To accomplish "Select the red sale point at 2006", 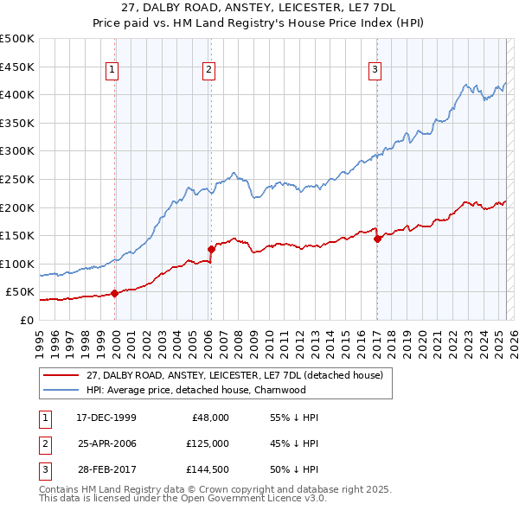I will (211, 249).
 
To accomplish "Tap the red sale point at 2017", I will (377, 239).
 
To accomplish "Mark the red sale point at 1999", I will (114, 293).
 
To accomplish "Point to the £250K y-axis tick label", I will (16, 179).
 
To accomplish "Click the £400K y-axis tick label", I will (16, 94).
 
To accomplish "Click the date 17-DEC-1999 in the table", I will (106, 418).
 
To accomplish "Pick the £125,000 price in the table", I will (208, 443).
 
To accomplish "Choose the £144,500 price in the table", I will (208, 469).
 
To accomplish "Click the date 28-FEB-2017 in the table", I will (106, 469).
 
